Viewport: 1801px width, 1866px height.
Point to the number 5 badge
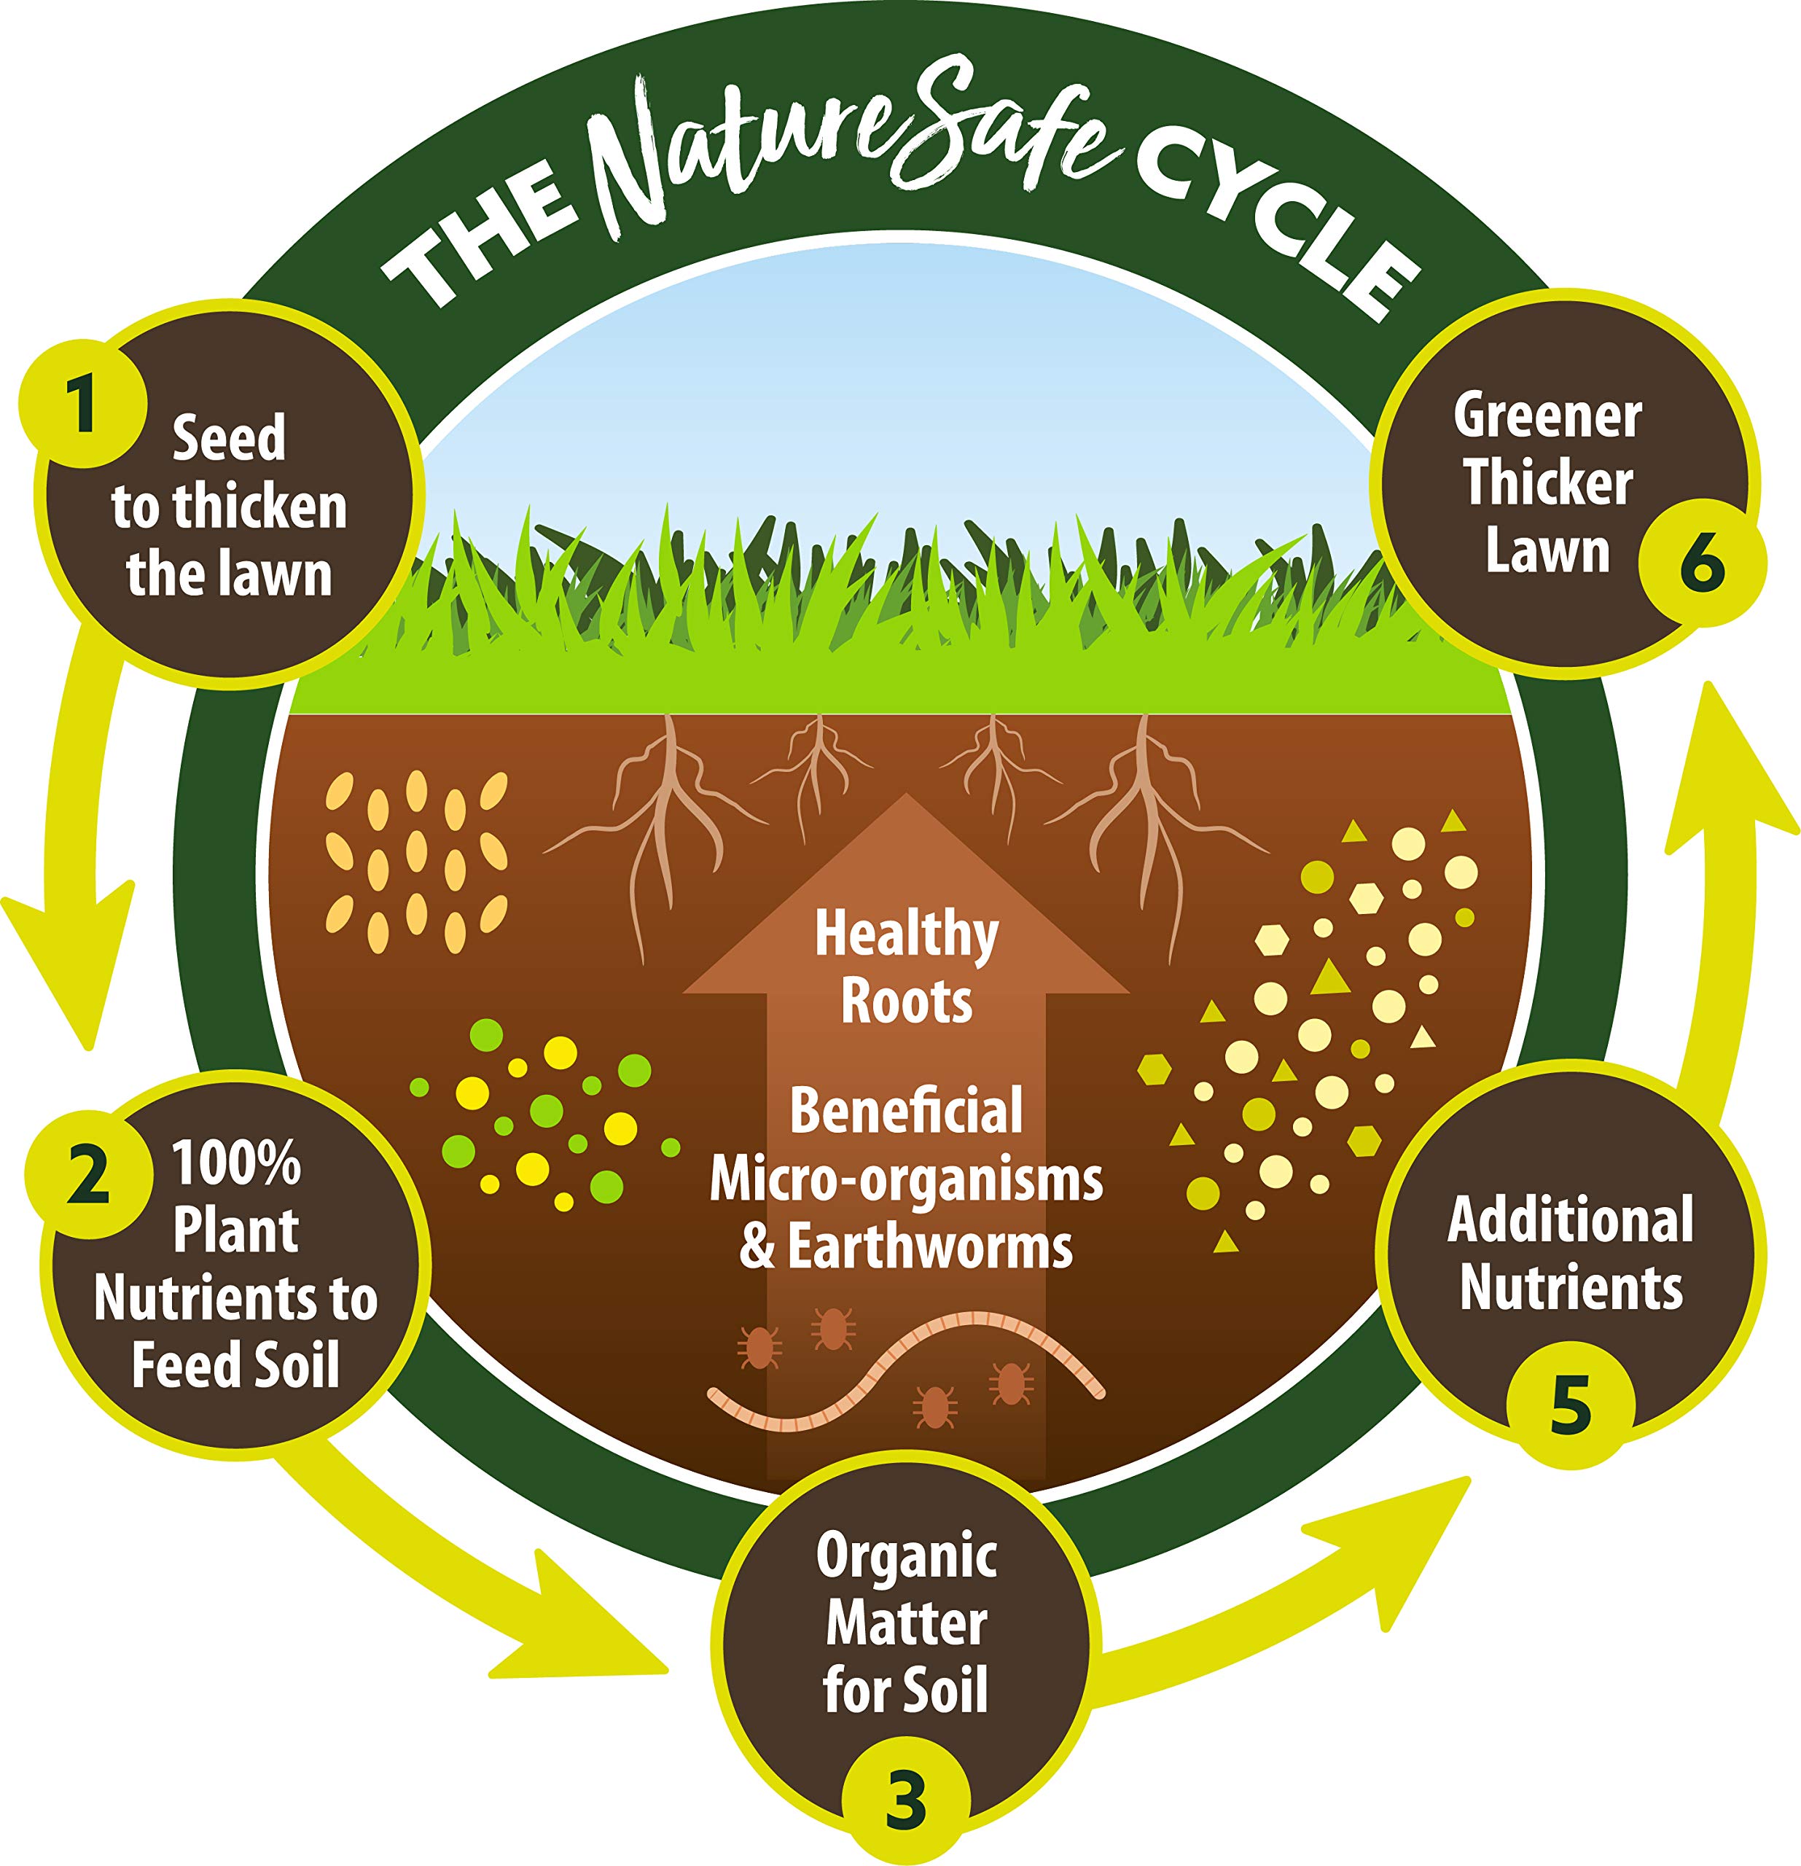coord(1571,1405)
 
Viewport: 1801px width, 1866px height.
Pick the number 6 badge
coord(1702,563)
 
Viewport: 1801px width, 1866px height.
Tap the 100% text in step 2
coord(236,1163)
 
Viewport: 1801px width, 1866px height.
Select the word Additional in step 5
coord(1571,1219)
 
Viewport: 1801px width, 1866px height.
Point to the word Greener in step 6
coord(1548,416)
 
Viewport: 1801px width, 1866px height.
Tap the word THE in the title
coord(481,234)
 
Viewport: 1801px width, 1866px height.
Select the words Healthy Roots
coord(906,967)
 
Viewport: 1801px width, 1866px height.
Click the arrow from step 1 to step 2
coord(71,838)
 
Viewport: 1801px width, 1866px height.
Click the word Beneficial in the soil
coord(906,1111)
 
